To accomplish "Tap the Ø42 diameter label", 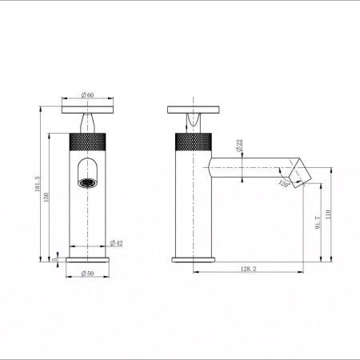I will point(115,242).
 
